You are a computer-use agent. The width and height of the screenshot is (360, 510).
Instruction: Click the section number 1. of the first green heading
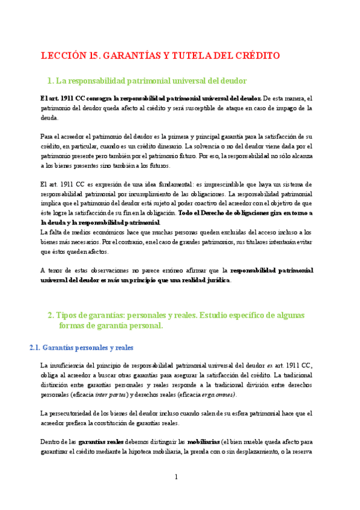pyautogui.click(x=50, y=81)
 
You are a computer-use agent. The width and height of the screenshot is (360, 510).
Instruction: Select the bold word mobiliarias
pyautogui.click(x=203, y=442)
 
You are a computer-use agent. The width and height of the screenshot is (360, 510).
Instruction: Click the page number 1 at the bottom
pyautogui.click(x=176, y=477)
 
